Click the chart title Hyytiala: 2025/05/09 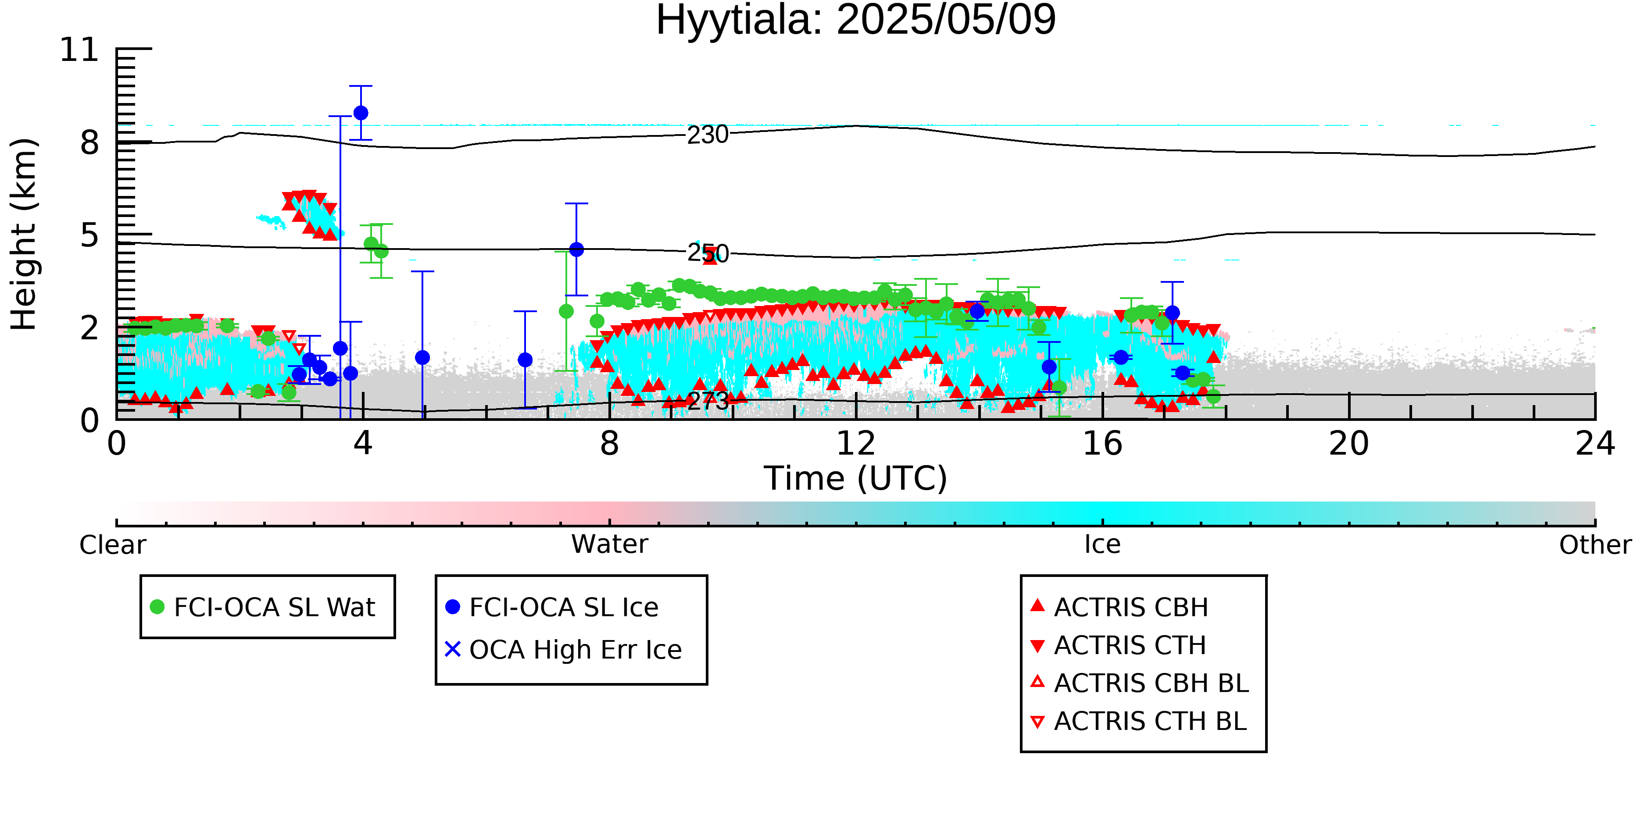click(x=856, y=21)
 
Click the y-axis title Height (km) click(x=24, y=234)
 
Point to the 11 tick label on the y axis click(x=79, y=50)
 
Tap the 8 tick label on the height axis click(x=89, y=142)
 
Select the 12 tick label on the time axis click(x=856, y=444)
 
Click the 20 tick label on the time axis click(x=1349, y=444)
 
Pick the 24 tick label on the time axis click(x=1595, y=444)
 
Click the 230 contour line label click(x=708, y=135)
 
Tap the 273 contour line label click(x=708, y=401)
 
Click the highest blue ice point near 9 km click(x=361, y=113)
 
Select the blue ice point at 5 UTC click(x=422, y=357)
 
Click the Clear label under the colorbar click(x=112, y=545)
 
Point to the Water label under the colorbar click(x=609, y=544)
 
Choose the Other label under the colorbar click(x=1595, y=545)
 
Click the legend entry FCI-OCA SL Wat click(x=275, y=607)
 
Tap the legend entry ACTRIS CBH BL click(x=1151, y=683)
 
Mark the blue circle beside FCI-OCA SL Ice click(x=452, y=607)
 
